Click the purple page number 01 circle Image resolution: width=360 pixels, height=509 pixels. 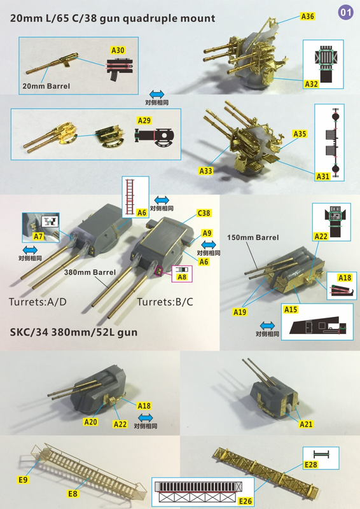click(345, 12)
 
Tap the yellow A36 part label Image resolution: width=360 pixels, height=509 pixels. click(307, 17)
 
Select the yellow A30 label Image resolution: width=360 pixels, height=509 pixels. click(118, 50)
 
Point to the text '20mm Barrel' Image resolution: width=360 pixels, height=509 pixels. click(46, 86)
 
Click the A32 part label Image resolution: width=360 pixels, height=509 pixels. click(311, 84)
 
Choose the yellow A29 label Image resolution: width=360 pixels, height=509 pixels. click(144, 120)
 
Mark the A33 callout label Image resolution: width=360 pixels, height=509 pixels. click(206, 171)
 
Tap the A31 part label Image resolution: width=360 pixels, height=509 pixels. click(323, 176)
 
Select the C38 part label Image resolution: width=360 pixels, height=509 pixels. click(204, 213)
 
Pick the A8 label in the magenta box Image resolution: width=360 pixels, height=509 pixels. click(182, 277)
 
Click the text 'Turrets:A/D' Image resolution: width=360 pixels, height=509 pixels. click(38, 302)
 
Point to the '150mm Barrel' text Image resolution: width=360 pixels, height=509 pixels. click(253, 237)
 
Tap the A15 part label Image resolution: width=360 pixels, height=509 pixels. click(291, 310)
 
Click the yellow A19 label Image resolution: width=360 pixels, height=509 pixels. click(240, 312)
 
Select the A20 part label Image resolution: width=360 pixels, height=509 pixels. click(90, 422)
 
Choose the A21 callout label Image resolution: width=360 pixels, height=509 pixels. click(306, 424)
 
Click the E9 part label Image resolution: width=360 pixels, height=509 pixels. click(23, 480)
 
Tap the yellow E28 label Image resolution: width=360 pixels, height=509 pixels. click(310, 464)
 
